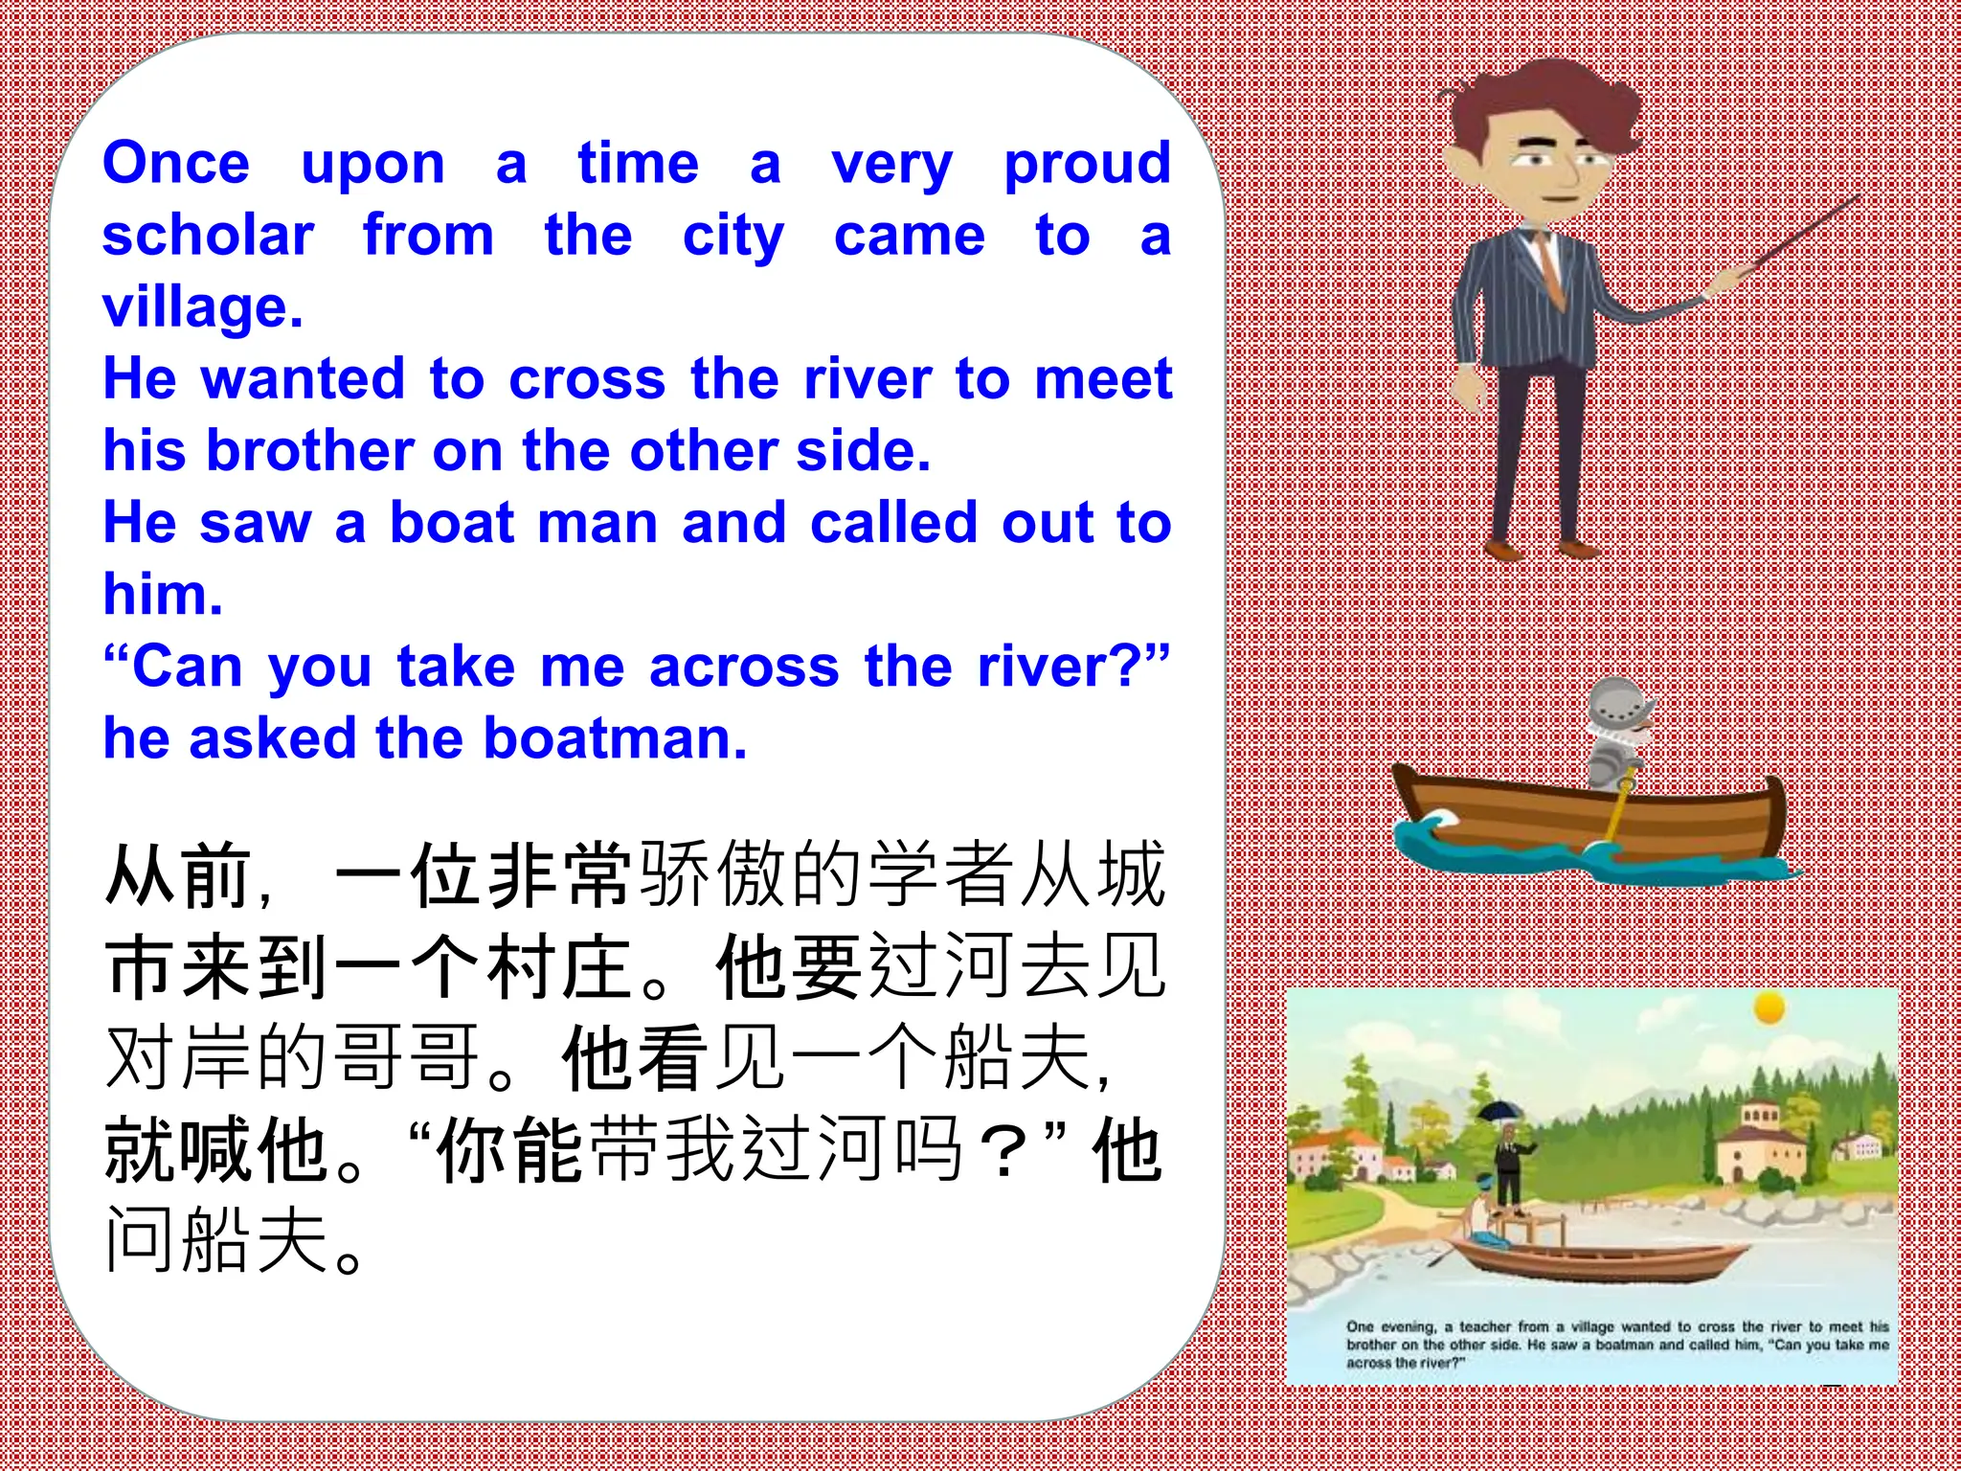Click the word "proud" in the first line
(x=1087, y=165)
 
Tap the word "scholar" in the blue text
(x=208, y=236)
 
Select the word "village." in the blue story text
(x=203, y=307)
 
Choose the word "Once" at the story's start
(x=176, y=163)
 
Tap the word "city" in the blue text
(x=733, y=237)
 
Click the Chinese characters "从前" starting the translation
(x=178, y=875)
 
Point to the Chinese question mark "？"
(x=1003, y=1152)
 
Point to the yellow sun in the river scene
(x=1769, y=1008)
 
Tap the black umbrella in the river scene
(x=1500, y=1111)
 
